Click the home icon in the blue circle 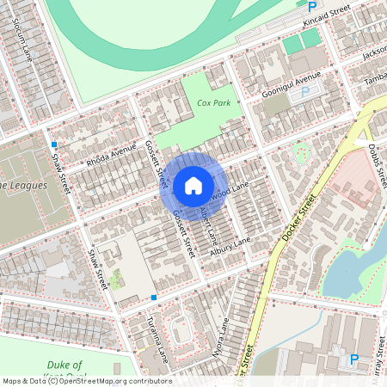[x=193, y=186]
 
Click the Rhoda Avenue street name [x=111, y=154]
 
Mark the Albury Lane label [x=230, y=241]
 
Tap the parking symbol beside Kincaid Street [x=311, y=5]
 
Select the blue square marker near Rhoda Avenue [x=53, y=144]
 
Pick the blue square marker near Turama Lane [x=153, y=298]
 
